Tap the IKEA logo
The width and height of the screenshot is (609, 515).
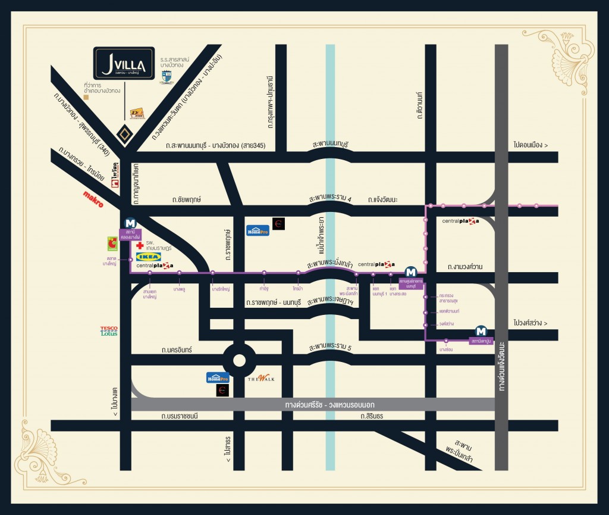pos(148,257)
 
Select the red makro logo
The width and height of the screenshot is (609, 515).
pos(93,199)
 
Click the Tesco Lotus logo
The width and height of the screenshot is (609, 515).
pos(109,330)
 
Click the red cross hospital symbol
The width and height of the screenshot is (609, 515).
pos(140,245)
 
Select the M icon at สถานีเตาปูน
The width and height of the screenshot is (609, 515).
pos(481,332)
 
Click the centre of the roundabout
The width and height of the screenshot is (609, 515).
pos(239,360)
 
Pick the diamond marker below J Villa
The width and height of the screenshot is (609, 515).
pos(124,135)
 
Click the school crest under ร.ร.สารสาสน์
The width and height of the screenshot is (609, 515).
pos(167,76)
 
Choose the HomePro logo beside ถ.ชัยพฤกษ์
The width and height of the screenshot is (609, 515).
pos(258,230)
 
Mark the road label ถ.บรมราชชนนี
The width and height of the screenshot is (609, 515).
pos(179,416)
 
